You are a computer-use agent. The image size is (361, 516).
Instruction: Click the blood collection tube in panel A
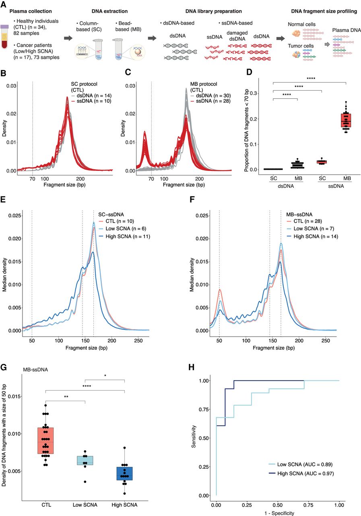pyautogui.click(x=4, y=37)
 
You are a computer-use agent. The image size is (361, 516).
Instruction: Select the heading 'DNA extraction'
pyautogui.click(x=109, y=11)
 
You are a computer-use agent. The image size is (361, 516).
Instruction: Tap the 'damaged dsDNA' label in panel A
pyautogui.click(x=237, y=36)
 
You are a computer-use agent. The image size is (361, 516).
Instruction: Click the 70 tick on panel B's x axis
pyautogui.click(x=33, y=179)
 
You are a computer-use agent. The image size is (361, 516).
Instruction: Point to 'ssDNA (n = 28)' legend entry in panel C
pyautogui.click(x=210, y=101)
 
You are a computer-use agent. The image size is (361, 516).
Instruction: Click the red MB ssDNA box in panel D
pyautogui.click(x=346, y=120)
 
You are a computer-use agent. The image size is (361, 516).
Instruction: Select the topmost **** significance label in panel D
pyautogui.click(x=311, y=79)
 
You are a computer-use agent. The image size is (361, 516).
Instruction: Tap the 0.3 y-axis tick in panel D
pyautogui.click(x=254, y=94)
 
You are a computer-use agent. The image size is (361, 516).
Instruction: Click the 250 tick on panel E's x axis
pyautogui.click(x=138, y=341)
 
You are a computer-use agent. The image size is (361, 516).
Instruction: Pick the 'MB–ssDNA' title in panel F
pyautogui.click(x=299, y=214)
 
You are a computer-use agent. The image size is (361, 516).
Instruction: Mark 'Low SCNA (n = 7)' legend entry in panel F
pyautogui.click(x=310, y=229)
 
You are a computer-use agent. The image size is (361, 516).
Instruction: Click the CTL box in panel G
pyautogui.click(x=45, y=441)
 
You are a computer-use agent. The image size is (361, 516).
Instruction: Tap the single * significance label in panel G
pyautogui.click(x=105, y=376)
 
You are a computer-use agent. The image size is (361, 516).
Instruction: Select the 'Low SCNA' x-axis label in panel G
pyautogui.click(x=85, y=505)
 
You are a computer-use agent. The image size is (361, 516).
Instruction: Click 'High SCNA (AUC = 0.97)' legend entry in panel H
pyautogui.click(x=301, y=473)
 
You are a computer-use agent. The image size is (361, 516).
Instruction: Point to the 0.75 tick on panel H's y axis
pyautogui.click(x=204, y=409)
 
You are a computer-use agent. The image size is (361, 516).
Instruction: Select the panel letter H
pyautogui.click(x=192, y=367)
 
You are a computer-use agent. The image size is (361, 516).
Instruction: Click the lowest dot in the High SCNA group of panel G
pyautogui.click(x=124, y=493)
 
